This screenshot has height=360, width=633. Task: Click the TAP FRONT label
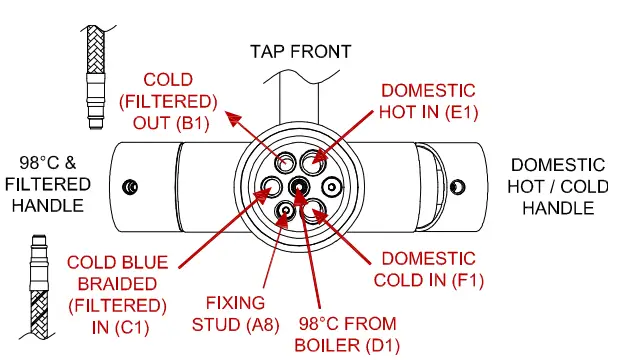(301, 50)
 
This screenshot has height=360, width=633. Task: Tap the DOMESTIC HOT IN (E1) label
(429, 101)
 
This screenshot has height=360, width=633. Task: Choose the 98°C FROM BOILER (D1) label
(347, 334)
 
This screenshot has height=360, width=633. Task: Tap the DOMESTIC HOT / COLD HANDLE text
(558, 186)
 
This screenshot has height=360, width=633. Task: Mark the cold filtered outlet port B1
(285, 162)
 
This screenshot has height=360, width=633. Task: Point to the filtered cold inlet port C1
(270, 185)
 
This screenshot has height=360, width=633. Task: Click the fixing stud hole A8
(286, 210)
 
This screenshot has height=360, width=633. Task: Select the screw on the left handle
(128, 186)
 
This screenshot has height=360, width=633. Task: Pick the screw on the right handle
(458, 186)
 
